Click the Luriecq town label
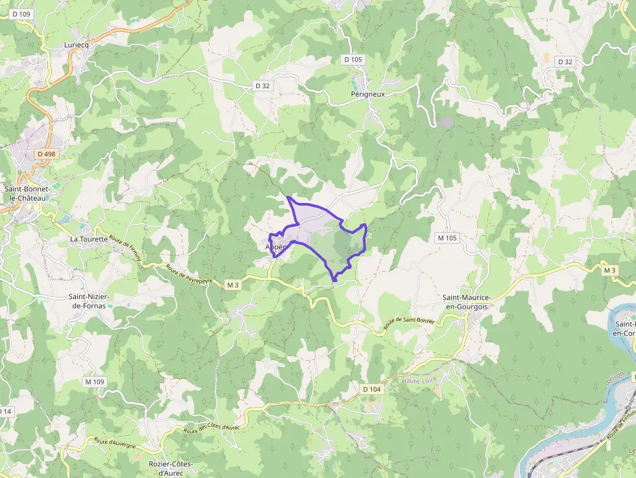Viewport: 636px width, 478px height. [77, 45]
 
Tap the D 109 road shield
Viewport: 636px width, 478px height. [21, 14]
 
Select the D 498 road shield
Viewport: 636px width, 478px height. [46, 154]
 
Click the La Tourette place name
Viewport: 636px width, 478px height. [89, 239]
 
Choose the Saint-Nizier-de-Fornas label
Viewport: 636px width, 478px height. [90, 301]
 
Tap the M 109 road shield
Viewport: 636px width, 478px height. [95, 381]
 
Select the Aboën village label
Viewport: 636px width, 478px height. [275, 247]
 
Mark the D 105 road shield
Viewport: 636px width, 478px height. [354, 60]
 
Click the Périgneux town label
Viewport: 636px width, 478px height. [368, 94]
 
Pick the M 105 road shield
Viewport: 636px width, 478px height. [447, 238]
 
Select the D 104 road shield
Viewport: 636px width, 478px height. [371, 388]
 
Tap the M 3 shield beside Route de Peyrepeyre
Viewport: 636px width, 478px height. [234, 285]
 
